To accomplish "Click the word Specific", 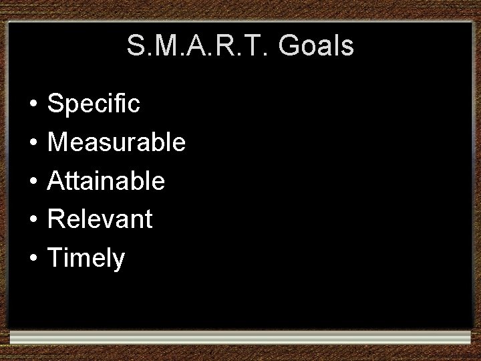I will pos(94,104).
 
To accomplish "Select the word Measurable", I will pos(117,142).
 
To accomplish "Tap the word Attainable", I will pos(107,180).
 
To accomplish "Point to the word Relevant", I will pos(101,219).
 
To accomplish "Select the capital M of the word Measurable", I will pos(60,142).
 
